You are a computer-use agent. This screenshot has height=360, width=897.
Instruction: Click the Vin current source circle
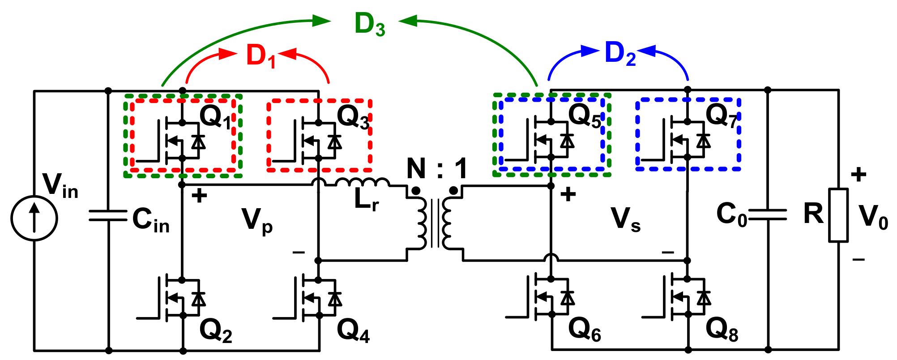(x=34, y=218)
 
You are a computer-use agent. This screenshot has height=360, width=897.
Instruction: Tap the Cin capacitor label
(x=151, y=220)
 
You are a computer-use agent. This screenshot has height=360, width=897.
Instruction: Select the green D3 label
(x=369, y=25)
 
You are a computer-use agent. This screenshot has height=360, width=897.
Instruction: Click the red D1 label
(x=261, y=56)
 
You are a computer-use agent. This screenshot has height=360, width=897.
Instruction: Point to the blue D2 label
(x=620, y=54)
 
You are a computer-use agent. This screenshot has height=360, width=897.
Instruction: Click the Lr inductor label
(x=366, y=200)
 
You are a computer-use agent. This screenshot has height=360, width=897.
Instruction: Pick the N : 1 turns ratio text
(x=436, y=169)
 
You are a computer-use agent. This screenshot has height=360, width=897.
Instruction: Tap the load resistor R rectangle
(x=838, y=215)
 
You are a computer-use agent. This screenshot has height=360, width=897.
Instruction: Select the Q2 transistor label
(x=216, y=331)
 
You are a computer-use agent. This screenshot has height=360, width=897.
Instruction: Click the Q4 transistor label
(x=353, y=331)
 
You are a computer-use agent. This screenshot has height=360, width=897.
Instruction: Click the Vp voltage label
(x=257, y=221)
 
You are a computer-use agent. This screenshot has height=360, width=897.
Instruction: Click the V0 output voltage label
(x=873, y=218)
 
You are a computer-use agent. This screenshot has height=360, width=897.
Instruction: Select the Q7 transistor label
(x=721, y=116)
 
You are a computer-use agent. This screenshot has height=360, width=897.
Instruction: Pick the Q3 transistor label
(x=353, y=117)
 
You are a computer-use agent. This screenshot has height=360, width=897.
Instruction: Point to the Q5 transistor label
(x=585, y=116)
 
